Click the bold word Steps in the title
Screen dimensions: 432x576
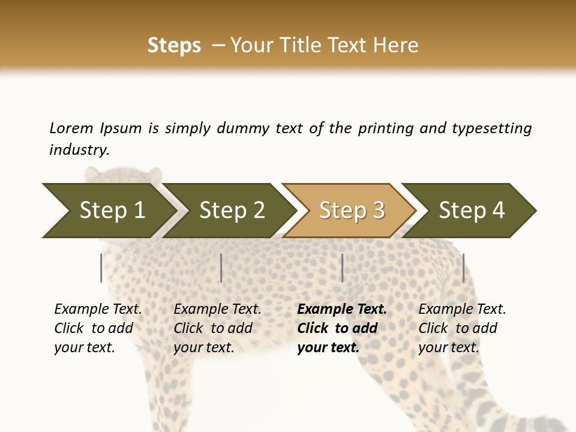[174, 46]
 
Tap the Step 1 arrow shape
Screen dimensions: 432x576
[108, 211]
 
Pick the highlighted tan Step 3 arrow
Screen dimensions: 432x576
[351, 211]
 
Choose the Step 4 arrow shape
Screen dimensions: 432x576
[472, 211]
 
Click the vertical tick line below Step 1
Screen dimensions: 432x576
[101, 268]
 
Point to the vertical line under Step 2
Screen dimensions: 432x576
[221, 268]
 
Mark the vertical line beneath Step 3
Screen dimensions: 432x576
[342, 268]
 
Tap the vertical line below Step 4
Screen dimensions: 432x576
[463, 268]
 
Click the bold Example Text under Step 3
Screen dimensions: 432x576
[342, 310]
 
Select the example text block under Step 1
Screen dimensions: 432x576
[98, 328]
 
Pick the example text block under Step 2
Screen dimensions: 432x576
[217, 328]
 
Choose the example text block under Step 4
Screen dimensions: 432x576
[462, 328]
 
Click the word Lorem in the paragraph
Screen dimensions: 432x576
[71, 128]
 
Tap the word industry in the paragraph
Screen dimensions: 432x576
[79, 150]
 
